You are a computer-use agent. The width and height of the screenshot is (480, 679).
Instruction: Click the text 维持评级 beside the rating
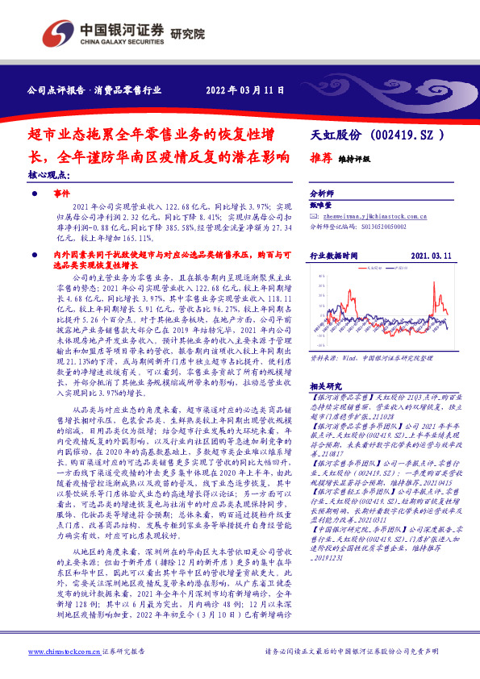(353, 160)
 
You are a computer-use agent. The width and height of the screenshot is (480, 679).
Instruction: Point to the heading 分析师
(323, 194)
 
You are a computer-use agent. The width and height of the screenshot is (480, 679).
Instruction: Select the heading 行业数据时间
(334, 255)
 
